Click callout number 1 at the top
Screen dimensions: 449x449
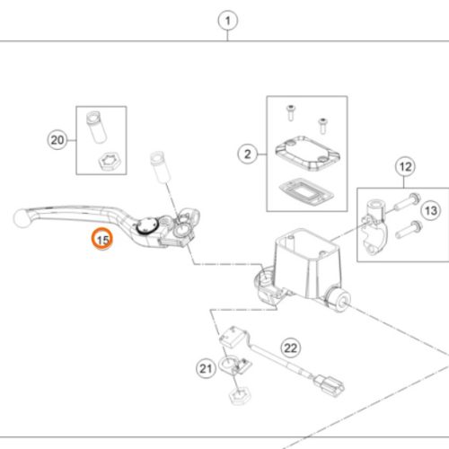228,21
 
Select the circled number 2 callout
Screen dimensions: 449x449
248,154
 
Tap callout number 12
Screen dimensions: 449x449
405,166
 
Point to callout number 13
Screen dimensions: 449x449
431,210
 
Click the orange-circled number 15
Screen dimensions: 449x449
102,239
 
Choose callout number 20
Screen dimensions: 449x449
57,140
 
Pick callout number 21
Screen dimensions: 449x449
206,368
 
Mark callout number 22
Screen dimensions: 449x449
290,348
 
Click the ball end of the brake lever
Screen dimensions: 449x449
22,218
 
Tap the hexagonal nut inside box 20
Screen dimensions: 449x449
110,161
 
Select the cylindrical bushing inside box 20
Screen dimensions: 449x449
96,127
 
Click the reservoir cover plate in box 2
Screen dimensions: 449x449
308,154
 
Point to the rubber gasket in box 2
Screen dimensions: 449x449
306,192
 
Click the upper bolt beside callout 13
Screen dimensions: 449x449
408,202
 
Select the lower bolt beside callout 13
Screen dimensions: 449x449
409,229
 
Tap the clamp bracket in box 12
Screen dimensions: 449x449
374,227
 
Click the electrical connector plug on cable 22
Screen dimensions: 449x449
329,386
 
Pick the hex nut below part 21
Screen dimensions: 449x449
240,396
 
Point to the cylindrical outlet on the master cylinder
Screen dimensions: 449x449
339,300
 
